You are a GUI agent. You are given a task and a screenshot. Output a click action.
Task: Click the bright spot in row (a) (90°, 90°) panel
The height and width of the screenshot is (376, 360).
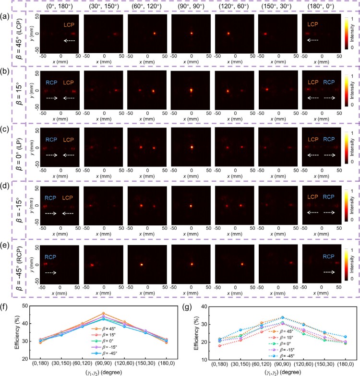tap(191, 34)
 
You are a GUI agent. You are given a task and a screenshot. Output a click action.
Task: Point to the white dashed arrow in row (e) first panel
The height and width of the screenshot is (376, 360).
tap(50, 271)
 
